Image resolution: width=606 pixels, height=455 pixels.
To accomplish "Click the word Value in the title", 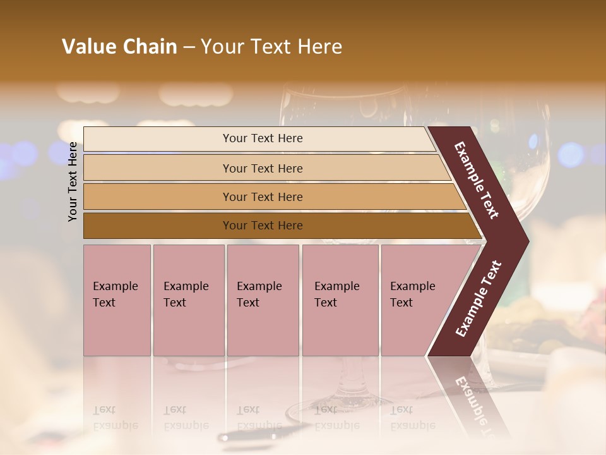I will click(88, 47).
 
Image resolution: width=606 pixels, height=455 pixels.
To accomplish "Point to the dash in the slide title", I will click(189, 47).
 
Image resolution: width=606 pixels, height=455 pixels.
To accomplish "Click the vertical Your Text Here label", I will click(73, 181).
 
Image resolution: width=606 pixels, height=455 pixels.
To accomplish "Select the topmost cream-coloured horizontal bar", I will click(259, 138).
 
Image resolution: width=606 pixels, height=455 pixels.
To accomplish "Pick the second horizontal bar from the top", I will click(265, 168).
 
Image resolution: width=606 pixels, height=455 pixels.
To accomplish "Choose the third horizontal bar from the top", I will click(271, 197).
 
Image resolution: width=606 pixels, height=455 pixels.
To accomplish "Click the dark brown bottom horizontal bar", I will click(278, 226).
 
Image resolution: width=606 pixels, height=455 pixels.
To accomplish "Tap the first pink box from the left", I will click(117, 300).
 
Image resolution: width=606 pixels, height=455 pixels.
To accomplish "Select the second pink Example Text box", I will click(188, 300).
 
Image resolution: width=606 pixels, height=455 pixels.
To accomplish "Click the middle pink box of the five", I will click(263, 300).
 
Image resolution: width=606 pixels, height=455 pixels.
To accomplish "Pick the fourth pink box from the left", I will click(340, 300).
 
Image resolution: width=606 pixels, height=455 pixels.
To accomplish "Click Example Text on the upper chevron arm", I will click(477, 181).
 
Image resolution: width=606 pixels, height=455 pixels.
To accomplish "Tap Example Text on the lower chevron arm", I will click(478, 298).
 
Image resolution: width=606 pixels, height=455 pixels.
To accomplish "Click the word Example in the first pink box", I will click(115, 286).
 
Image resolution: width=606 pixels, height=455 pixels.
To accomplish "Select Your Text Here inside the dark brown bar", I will click(263, 226).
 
